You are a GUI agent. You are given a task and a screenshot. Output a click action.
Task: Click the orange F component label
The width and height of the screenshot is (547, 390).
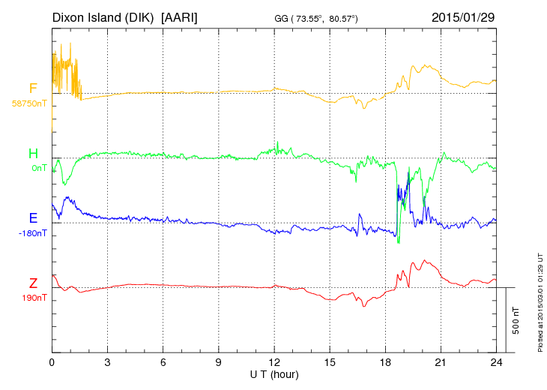tap(33, 88)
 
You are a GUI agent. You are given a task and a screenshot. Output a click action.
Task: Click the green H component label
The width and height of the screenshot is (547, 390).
tap(33, 154)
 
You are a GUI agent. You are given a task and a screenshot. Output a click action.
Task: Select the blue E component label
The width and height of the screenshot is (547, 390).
tap(33, 218)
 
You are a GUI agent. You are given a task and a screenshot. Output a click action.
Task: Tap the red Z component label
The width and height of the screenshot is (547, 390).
tap(33, 283)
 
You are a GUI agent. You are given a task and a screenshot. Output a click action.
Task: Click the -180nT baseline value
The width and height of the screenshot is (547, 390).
tap(33, 232)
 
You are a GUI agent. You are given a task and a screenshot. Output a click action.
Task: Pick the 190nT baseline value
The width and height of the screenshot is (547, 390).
tap(34, 298)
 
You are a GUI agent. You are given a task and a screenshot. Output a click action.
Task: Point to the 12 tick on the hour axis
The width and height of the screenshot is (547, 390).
tap(274, 362)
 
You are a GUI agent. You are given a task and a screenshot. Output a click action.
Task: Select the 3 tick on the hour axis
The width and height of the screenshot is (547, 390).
tap(108, 362)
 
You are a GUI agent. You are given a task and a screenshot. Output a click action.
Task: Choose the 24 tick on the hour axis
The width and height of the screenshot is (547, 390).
tap(496, 362)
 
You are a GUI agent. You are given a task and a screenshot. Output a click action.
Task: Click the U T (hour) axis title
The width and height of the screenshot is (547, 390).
tap(274, 373)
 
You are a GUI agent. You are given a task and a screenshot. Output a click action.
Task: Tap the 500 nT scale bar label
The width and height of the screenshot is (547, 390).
tap(516, 319)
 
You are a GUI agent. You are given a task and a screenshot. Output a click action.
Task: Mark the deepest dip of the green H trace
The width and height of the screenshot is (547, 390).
tap(399, 242)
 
